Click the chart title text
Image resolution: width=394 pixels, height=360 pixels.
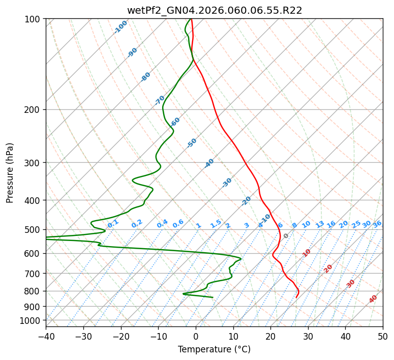point(215,11)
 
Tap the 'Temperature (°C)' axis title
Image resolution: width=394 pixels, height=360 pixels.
point(214,349)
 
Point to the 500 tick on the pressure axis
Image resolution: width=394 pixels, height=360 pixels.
point(34,230)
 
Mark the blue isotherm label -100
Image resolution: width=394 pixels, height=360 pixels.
point(121,27)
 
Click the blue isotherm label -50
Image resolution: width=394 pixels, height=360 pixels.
point(192,143)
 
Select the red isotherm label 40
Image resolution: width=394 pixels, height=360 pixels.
point(373,299)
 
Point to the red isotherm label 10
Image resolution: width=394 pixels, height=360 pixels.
point(307,253)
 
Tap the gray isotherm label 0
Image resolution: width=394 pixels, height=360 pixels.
point(286,236)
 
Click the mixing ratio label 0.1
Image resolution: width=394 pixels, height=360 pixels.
point(113,224)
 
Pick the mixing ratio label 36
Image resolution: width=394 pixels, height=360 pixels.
point(377,224)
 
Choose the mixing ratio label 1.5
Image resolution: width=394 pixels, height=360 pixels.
point(216,224)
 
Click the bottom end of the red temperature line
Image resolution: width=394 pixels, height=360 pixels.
point(296,297)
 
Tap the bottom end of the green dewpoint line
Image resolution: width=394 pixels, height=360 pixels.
point(213,297)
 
